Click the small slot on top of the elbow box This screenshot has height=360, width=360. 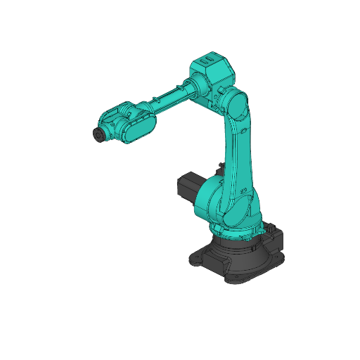(x=206, y=62)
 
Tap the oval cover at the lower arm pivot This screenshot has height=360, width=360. (x=238, y=207)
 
